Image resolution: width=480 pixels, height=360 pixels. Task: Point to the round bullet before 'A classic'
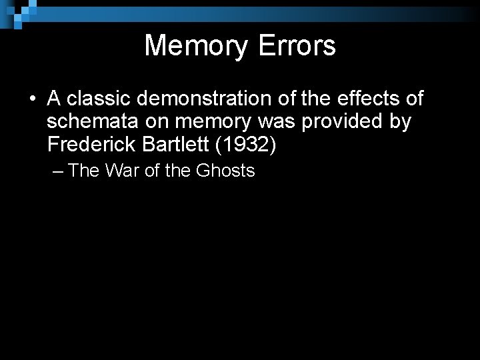coord(32,99)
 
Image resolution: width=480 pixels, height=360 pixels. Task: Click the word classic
coord(97,99)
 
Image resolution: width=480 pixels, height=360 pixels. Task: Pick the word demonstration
coord(205,99)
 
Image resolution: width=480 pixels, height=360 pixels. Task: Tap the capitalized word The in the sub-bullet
coord(83,171)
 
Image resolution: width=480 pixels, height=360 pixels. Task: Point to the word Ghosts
coord(226,171)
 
